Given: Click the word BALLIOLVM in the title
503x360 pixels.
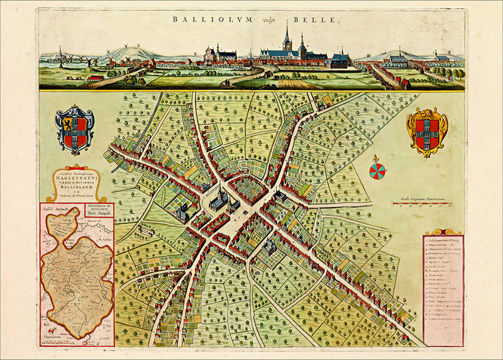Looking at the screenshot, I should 213,19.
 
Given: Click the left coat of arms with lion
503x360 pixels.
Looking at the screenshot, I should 74,129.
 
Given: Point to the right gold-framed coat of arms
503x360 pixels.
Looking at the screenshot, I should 427,131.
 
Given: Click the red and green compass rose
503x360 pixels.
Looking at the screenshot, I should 377,170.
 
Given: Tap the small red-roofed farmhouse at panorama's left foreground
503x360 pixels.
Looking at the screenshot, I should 95,79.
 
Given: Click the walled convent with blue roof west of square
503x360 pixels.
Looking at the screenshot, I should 181,212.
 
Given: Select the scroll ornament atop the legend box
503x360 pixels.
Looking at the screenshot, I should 443,232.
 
